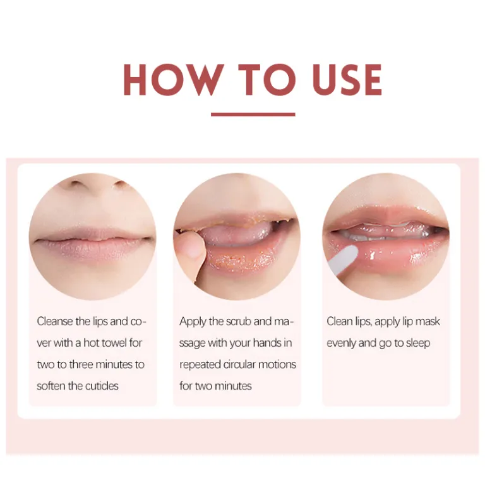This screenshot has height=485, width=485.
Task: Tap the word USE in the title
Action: (x=347, y=80)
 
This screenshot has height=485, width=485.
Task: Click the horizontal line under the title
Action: (x=253, y=114)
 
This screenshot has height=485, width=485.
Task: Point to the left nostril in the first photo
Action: (x=76, y=184)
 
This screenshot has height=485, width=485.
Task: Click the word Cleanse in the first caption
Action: (x=55, y=321)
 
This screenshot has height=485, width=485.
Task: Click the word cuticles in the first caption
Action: (x=102, y=386)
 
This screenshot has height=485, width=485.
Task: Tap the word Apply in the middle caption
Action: (x=193, y=322)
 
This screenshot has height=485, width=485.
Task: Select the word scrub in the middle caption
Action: (x=239, y=321)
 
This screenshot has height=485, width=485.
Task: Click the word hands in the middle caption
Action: (x=267, y=343)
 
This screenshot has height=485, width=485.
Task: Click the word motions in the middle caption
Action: (x=277, y=364)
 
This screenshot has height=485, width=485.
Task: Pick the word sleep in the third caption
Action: (x=418, y=344)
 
